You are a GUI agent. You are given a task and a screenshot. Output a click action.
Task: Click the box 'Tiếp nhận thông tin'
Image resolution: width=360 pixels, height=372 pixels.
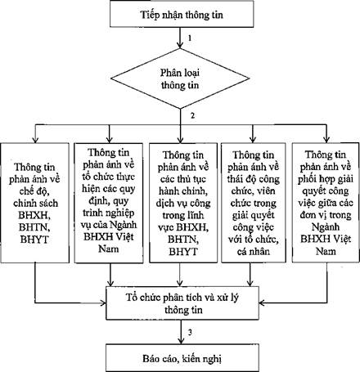pos(182,14)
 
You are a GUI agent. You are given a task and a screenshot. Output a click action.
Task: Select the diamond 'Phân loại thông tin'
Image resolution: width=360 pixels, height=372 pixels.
pos(180,78)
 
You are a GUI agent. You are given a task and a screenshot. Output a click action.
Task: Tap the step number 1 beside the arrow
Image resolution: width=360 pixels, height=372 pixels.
pos(190,38)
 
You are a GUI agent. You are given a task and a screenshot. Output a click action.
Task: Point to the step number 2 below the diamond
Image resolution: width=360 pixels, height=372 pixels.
pos(192,115)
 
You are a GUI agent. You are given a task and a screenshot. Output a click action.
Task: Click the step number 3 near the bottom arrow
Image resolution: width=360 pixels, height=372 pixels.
pos(190,332)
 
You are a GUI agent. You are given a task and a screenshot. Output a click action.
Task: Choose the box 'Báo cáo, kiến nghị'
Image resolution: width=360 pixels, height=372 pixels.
pos(182,358)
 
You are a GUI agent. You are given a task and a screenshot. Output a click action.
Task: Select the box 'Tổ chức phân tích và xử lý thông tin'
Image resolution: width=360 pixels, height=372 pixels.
pos(182,303)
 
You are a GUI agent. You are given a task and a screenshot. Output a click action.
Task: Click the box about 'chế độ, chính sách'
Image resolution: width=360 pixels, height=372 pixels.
pos(35,203)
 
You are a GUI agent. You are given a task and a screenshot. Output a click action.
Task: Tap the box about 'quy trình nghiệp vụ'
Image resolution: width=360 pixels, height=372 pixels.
pos(109,203)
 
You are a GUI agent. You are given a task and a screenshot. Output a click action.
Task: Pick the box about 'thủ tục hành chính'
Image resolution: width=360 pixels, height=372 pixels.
pos(183,203)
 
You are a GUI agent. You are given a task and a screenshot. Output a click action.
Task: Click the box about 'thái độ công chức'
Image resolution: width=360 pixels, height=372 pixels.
pos(254,203)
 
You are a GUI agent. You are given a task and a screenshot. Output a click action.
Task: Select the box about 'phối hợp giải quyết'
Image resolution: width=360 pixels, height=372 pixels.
pos(326,203)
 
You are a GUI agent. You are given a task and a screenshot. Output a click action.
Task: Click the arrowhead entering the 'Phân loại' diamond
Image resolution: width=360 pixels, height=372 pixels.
pos(180,45)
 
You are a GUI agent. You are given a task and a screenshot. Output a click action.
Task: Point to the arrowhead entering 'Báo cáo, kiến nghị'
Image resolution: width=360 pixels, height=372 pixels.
pos(180,340)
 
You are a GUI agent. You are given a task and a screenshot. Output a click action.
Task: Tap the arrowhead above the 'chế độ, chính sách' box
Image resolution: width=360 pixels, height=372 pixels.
pos(35,139)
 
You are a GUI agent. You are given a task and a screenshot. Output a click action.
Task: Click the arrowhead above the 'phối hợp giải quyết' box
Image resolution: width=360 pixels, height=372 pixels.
pos(326,139)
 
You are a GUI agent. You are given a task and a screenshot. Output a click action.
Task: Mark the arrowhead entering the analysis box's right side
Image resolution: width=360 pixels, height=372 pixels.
pos(263,303)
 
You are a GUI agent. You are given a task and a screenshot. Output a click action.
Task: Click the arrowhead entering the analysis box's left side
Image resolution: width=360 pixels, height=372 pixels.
pos(102,303)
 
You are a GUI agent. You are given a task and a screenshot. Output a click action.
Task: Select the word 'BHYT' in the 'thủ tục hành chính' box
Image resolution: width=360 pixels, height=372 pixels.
pos(183,251)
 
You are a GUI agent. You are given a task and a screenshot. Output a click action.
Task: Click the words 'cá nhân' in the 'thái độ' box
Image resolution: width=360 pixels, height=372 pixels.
pos(254,251)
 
